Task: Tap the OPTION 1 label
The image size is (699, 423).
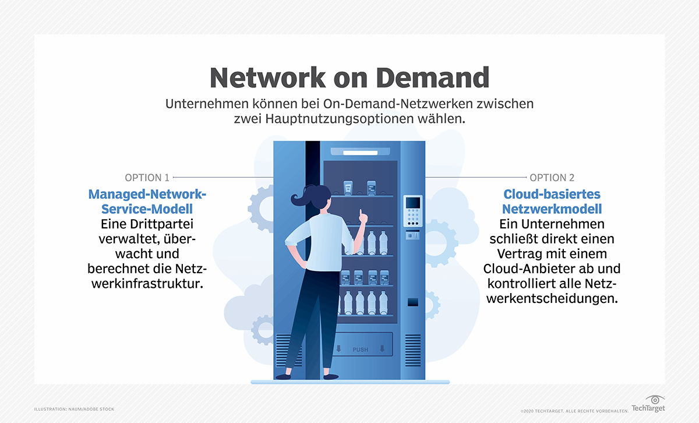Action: click(147, 177)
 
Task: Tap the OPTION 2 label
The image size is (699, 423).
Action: click(552, 177)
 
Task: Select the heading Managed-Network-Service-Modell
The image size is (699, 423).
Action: click(148, 201)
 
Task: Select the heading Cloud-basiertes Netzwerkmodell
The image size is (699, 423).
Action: click(552, 201)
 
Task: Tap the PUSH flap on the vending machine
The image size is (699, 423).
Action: click(361, 349)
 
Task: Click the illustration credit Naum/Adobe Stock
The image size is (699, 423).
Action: click(74, 409)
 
